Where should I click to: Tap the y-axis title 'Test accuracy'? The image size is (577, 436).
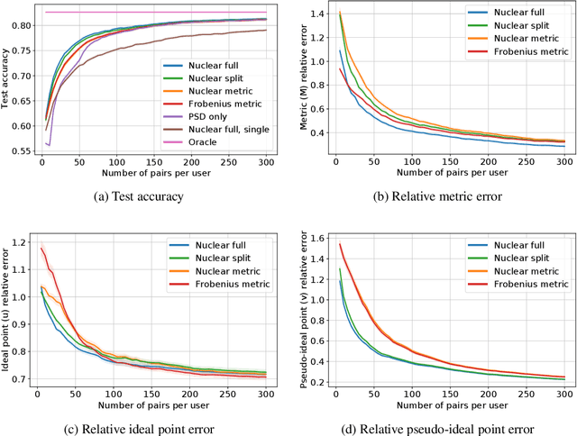tap(7, 79)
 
